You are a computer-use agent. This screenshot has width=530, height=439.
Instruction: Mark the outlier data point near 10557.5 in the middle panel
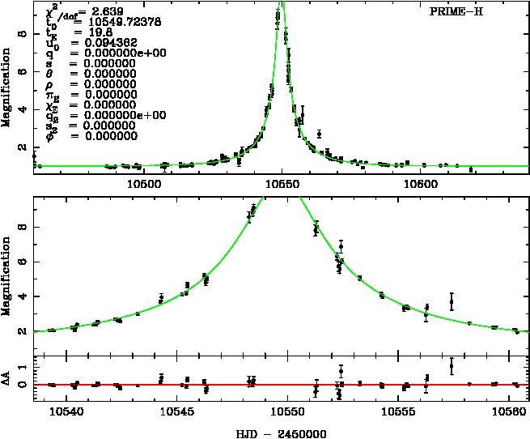(452, 301)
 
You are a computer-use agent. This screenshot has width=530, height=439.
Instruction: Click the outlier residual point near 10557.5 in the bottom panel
(452, 366)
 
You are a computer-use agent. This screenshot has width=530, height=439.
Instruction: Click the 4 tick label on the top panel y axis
(24, 109)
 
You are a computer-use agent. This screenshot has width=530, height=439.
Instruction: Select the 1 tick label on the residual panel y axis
(24, 367)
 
